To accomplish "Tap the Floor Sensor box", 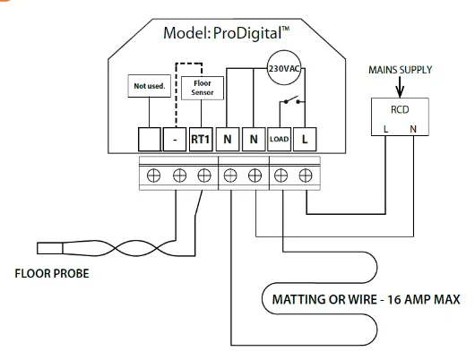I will (x=202, y=87).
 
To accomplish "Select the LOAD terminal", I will (x=279, y=139).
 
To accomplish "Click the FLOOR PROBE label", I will (x=53, y=275).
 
